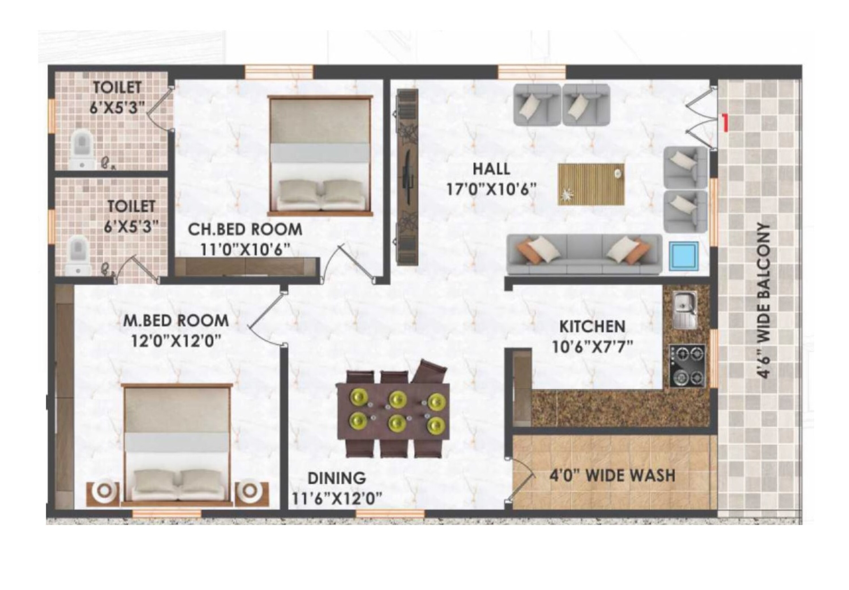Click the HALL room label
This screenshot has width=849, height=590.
pyautogui.click(x=491, y=169)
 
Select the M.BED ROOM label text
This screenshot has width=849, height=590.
pyautogui.click(x=176, y=321)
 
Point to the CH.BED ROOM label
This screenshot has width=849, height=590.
pyautogui.click(x=245, y=229)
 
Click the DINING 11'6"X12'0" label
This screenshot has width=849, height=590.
pyautogui.click(x=337, y=488)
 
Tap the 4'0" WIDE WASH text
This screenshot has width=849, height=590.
pyautogui.click(x=612, y=475)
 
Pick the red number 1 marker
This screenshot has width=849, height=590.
pyautogui.click(x=726, y=123)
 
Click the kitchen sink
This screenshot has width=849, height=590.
pyautogui.click(x=685, y=310)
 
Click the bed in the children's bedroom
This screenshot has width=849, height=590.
pyautogui.click(x=320, y=156)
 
